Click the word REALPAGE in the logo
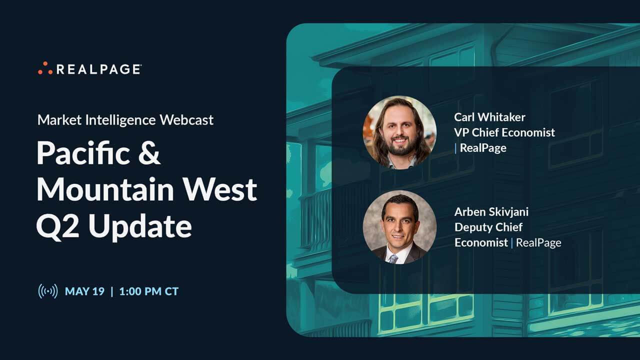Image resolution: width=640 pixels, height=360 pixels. [98, 69]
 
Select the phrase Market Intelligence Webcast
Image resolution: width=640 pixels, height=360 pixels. [125, 120]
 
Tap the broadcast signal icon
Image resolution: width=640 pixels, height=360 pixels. [47, 291]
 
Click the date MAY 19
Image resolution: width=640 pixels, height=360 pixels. [84, 291]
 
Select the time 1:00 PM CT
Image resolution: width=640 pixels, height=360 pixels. [148, 291]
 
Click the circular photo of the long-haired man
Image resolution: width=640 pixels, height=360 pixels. [399, 132]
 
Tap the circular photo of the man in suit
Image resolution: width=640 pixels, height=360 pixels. [399, 227]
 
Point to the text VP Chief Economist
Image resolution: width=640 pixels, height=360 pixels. [504, 132]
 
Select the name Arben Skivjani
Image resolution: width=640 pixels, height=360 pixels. [491, 211]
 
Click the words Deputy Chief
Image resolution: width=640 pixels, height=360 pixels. [488, 227]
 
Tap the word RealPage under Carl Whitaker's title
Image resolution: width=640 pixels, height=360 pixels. [483, 148]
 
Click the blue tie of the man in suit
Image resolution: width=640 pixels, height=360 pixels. [393, 258]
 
